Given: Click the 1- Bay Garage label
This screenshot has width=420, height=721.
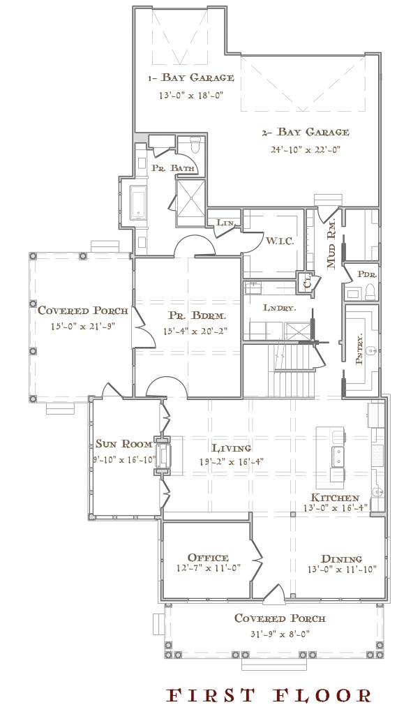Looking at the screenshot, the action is click(190, 77).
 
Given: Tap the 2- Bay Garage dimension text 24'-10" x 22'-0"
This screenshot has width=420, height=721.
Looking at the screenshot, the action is click(305, 149).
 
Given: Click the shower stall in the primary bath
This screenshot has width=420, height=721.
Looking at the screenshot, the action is click(190, 202).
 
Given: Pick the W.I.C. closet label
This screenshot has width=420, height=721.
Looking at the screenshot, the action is click(277, 241).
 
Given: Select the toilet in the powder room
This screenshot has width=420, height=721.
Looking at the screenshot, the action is click(370, 290).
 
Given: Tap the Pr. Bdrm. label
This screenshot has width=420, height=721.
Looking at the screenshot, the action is click(195, 316).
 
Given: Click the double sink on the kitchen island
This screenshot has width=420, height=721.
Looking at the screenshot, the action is click(338, 455).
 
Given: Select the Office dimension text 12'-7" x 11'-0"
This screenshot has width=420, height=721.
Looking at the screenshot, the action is click(207, 568).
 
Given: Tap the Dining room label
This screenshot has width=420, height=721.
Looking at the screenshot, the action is click(341, 559).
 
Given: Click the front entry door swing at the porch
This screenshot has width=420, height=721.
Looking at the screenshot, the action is click(274, 591).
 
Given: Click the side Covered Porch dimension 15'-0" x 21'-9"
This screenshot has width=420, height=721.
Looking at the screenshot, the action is click(83, 327).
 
